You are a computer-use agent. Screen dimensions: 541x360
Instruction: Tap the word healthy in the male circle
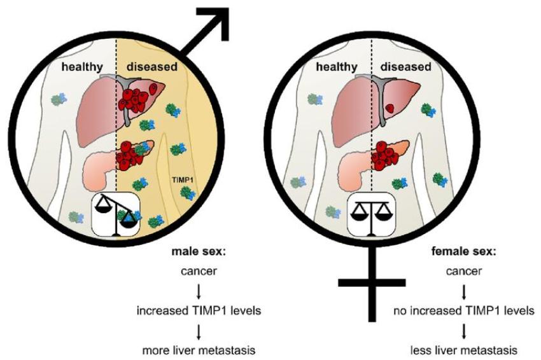click(x=82, y=67)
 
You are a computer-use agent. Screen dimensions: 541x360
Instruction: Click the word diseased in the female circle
click(x=406, y=66)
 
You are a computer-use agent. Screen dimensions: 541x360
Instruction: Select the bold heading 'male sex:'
click(x=199, y=251)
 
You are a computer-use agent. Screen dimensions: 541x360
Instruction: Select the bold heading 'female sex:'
click(x=464, y=251)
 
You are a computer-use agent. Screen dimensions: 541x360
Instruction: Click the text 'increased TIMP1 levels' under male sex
click(x=199, y=310)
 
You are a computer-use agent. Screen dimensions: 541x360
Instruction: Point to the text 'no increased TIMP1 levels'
click(x=464, y=310)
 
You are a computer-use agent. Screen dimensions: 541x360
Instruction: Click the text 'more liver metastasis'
click(x=199, y=350)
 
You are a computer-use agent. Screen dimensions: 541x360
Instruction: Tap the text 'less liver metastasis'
click(x=464, y=350)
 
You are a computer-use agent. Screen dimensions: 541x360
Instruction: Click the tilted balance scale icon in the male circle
click(x=116, y=214)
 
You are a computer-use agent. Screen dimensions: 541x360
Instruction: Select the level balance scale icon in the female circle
click(x=371, y=214)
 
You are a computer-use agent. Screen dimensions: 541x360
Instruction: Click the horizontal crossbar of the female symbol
click(x=372, y=283)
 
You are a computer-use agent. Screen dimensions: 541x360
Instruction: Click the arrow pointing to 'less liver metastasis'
click(x=464, y=331)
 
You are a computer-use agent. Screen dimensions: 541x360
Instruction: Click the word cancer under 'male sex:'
click(x=199, y=271)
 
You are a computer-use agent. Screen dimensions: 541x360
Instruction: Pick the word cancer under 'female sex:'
click(x=464, y=271)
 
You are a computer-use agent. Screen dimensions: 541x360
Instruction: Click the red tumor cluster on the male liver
click(x=134, y=100)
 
